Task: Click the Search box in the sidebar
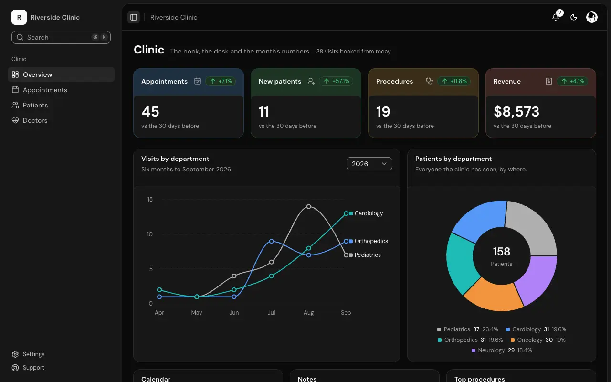pos(61,37)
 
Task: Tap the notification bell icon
pos(556,17)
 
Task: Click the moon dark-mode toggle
pos(574,17)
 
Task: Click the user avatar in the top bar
pos(591,17)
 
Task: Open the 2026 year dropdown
pos(369,164)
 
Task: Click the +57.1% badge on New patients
pos(336,81)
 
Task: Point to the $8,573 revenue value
pos(516,112)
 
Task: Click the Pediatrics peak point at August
pos(308,207)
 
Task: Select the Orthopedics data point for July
pos(272,241)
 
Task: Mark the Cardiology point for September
pos(346,213)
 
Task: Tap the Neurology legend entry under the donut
pos(502,350)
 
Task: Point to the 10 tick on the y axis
pos(150,234)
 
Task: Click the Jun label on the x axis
pos(234,312)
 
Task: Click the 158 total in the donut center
pos(501,251)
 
